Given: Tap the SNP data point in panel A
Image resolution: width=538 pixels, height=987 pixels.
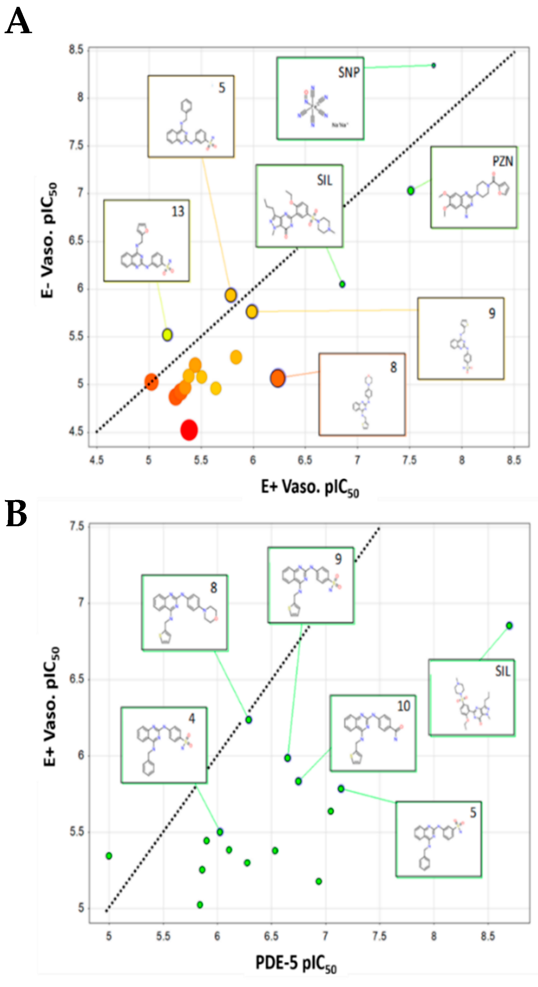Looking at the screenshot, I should click(433, 65).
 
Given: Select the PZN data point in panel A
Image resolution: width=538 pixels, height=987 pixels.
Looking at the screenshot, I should click(411, 190).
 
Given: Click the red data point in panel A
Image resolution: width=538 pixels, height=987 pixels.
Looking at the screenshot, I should click(189, 430).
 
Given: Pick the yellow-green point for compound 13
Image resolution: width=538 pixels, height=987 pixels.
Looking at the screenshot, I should click(167, 335).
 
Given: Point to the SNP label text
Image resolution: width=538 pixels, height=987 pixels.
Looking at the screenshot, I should click(349, 72).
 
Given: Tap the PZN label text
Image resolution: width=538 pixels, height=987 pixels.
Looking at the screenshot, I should click(503, 161).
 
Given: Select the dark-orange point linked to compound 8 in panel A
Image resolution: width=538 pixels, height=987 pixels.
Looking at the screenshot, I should click(278, 378).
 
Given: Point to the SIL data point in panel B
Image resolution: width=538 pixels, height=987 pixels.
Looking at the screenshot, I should click(509, 626).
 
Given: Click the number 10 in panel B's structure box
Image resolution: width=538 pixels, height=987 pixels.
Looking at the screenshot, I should click(403, 706).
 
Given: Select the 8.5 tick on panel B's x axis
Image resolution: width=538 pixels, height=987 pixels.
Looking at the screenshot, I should click(488, 936).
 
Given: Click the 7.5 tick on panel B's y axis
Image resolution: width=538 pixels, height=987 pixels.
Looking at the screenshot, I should click(76, 526).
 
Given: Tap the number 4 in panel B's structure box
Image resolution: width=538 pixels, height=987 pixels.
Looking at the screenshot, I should click(191, 718).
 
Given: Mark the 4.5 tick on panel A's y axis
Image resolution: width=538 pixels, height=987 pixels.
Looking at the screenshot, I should click(76, 432).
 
